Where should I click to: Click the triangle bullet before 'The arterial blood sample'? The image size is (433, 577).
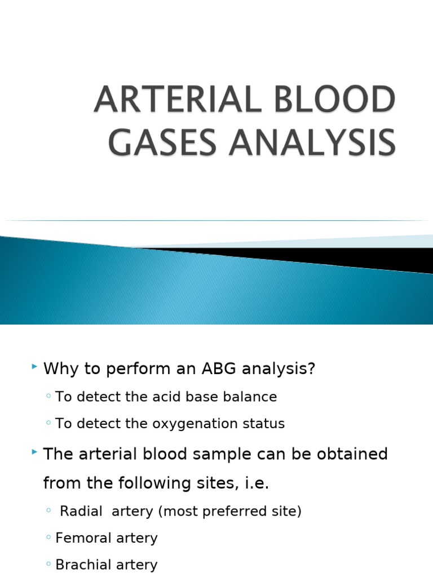[x=35, y=452]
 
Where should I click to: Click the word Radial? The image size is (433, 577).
[x=81, y=511]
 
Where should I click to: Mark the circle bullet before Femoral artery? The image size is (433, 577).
[x=49, y=538]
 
